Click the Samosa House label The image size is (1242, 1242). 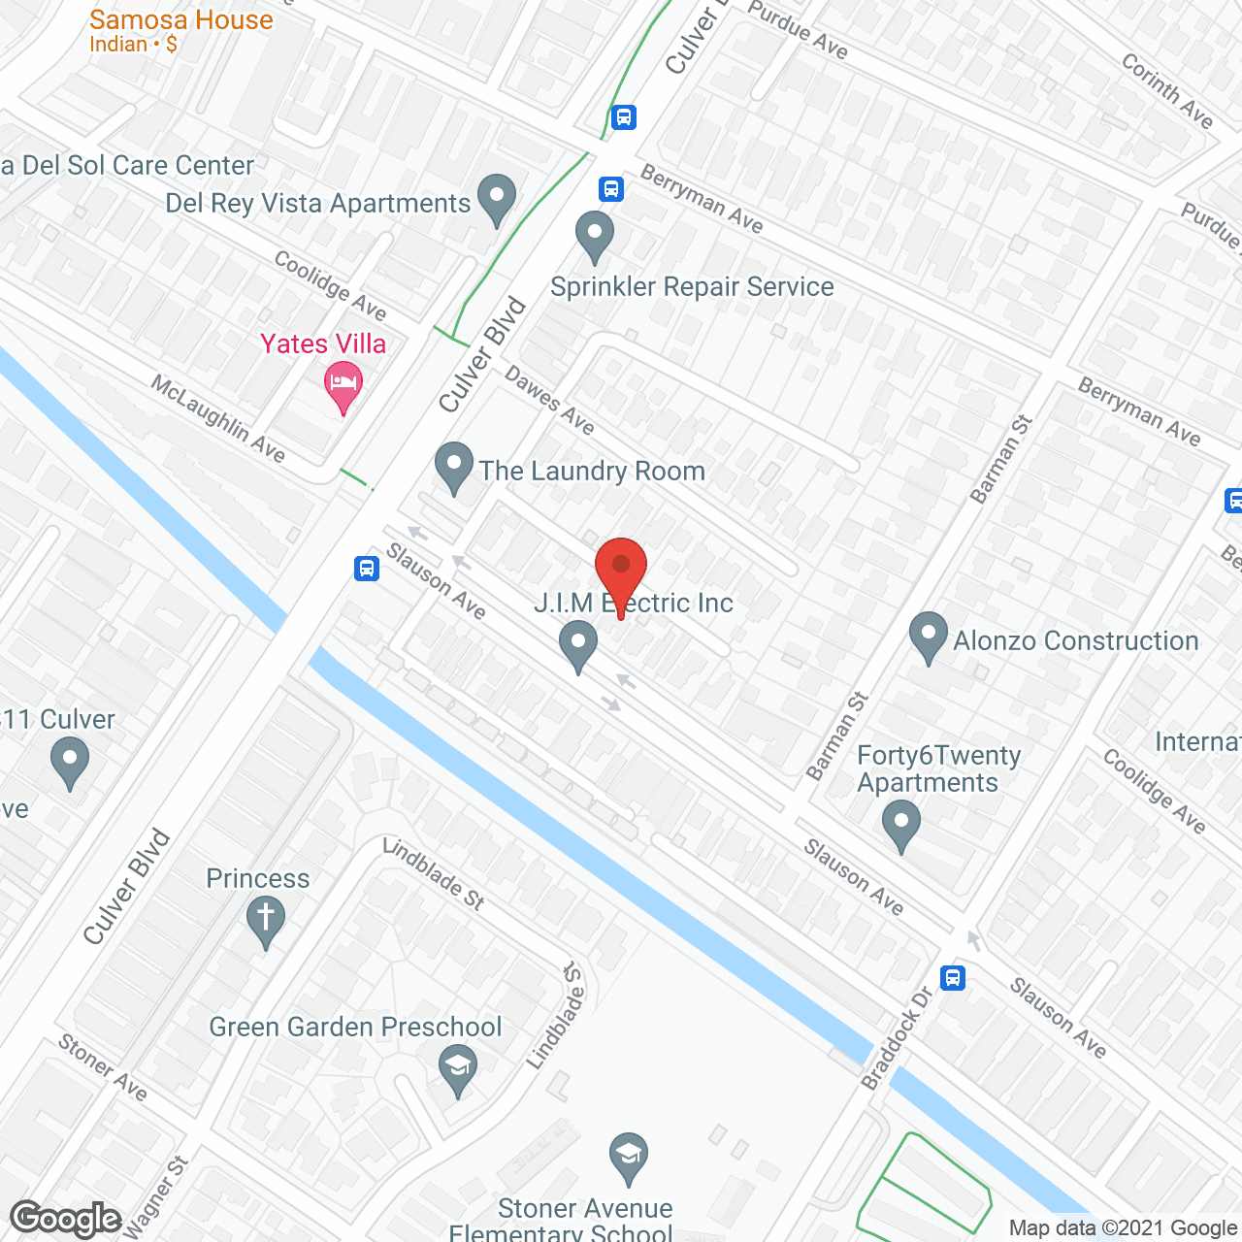point(180,20)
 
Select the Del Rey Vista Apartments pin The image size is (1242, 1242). point(497,199)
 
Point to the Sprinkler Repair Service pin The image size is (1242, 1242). point(595,236)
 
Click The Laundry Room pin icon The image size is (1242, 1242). point(453,467)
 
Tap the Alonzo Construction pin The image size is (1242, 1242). point(929,637)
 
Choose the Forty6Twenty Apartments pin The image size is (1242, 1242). point(901,825)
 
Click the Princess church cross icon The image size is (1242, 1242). point(265,920)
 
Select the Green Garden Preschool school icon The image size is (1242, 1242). point(458,1068)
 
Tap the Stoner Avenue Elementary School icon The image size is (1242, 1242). point(629,1157)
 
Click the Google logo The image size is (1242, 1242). point(65,1219)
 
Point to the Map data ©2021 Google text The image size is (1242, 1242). point(1124,1228)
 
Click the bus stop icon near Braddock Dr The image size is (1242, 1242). point(953,977)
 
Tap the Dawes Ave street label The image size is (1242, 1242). point(549,401)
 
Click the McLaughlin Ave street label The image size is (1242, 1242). point(218,418)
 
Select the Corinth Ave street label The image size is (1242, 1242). point(1167,90)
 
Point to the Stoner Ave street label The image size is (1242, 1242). point(103,1067)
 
